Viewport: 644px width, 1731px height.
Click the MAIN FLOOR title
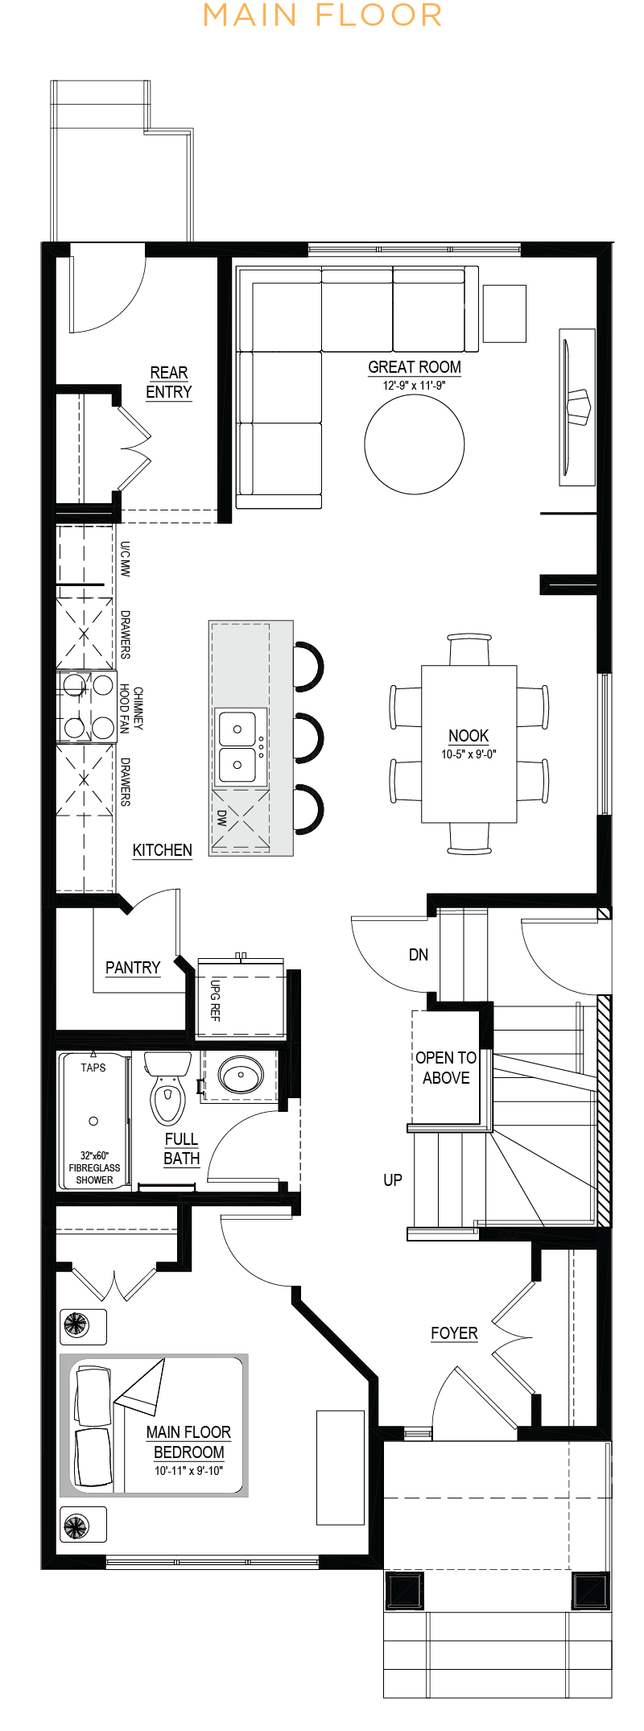coord(322,15)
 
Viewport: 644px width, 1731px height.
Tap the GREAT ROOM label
coord(415,367)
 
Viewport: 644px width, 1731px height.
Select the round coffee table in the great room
coord(415,444)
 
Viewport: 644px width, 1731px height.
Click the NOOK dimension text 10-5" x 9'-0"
coord(469,754)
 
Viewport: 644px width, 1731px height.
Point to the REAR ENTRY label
coord(169,382)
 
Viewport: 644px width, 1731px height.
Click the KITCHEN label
coord(163,850)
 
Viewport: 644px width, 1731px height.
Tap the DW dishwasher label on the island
coord(222,818)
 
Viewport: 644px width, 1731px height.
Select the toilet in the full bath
coord(167,1088)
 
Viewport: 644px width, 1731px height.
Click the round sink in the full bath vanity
coord(241,1074)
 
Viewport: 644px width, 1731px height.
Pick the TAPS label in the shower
coord(93,1068)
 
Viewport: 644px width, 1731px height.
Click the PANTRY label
coord(133,968)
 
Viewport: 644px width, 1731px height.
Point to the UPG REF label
coord(215,1000)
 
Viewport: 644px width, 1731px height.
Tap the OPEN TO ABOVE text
coord(446,1068)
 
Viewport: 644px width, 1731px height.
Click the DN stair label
coord(419,955)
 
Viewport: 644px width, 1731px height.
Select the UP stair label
coord(393,1180)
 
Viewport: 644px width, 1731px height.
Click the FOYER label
coord(454,1333)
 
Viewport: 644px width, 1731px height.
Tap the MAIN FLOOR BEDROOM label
coord(188,1442)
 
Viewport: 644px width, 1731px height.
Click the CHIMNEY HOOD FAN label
coord(131,709)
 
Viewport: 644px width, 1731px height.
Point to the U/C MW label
coord(125,559)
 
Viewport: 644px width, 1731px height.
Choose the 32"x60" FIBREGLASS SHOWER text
coord(94,1167)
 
